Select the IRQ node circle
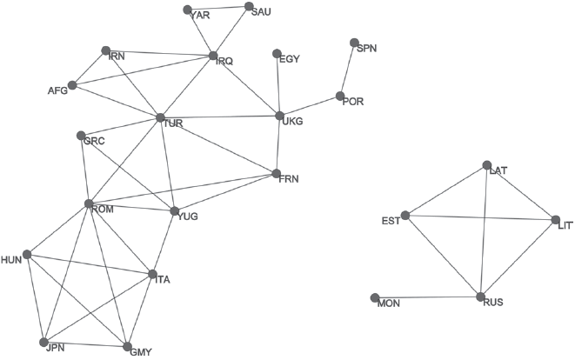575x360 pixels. click(x=212, y=57)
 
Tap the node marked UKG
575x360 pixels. click(x=279, y=116)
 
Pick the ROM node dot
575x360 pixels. click(x=88, y=203)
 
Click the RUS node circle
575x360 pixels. click(x=479, y=297)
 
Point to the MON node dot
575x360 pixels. click(x=374, y=298)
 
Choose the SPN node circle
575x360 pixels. click(x=354, y=43)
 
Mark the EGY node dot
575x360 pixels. click(x=277, y=53)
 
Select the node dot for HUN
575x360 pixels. click(x=27, y=255)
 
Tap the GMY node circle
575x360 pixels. click(x=126, y=347)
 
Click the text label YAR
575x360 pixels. click(x=199, y=16)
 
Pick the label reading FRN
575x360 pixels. click(x=289, y=179)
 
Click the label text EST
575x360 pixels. click(x=391, y=221)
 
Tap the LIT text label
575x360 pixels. click(x=564, y=224)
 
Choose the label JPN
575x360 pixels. click(x=55, y=347)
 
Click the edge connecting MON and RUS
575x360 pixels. click(x=426, y=298)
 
